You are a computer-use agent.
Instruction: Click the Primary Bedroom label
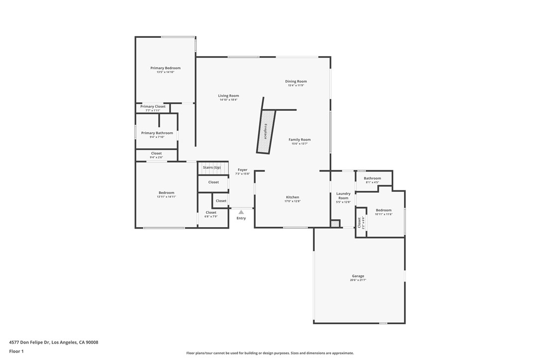(x=165, y=68)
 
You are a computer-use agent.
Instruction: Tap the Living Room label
(x=228, y=96)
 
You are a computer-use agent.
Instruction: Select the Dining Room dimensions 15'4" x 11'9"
(x=296, y=86)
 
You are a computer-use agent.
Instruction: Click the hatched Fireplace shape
(x=266, y=131)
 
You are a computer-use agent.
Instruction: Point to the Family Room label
(x=300, y=140)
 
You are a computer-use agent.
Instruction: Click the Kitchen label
(x=292, y=197)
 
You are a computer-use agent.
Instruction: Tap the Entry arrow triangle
(x=241, y=212)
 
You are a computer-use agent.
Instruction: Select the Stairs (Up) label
(x=212, y=168)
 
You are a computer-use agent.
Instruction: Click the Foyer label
(x=243, y=170)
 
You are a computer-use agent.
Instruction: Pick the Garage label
(x=358, y=276)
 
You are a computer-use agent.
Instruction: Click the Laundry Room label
(x=344, y=196)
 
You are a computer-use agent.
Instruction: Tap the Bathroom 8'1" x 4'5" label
(x=372, y=180)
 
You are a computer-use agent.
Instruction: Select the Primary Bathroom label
(x=157, y=133)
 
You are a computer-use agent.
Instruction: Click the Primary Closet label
(x=153, y=106)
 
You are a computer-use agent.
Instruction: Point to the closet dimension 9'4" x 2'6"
(x=156, y=158)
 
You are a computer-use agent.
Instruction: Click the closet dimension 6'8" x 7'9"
(x=211, y=217)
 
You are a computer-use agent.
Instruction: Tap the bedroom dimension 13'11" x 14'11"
(x=167, y=197)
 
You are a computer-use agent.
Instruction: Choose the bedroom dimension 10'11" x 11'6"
(x=384, y=214)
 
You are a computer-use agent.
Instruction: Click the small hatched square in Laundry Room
(x=335, y=224)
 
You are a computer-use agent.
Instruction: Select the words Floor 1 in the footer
(x=16, y=352)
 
